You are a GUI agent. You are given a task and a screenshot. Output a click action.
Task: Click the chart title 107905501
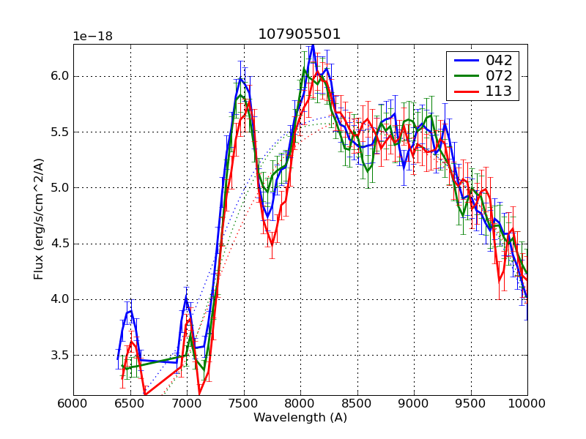tap(300, 34)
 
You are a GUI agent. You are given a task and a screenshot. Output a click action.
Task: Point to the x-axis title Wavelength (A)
tap(300, 418)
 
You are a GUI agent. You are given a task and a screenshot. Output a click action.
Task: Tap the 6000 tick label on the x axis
tap(73, 403)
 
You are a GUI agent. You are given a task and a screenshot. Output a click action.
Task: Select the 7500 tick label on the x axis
tap(243, 403)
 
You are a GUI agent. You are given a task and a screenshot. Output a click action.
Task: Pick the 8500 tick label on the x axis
tap(357, 403)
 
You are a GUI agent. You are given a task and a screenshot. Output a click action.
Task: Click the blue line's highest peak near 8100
tap(313, 45)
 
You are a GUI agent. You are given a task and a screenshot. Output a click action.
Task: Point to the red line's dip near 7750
tap(272, 244)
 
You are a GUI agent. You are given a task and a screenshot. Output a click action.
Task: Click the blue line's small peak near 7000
tap(186, 297)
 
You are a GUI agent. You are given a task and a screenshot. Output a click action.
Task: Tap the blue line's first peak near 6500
tap(130, 311)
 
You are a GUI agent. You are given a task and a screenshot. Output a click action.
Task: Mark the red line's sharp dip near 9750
tap(500, 279)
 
